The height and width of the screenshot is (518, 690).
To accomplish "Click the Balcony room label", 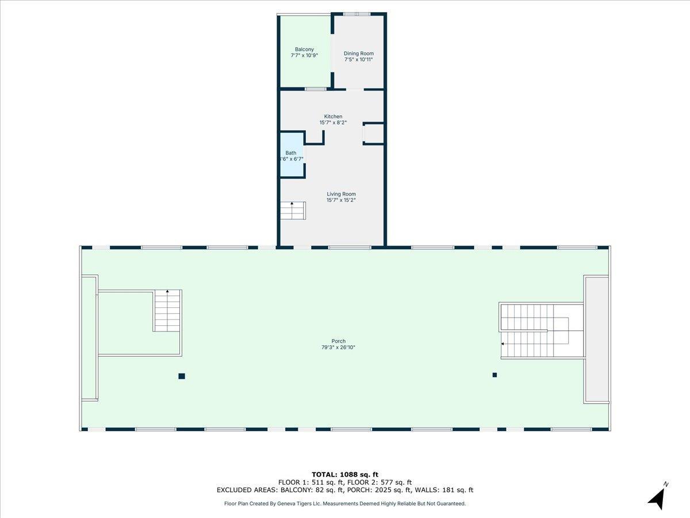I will click(304, 49).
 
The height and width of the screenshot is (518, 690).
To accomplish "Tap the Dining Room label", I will click(359, 54).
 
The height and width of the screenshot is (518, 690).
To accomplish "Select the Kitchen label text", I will click(333, 116).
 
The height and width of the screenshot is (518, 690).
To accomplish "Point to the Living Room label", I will click(341, 194).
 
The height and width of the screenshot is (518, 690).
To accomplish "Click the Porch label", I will click(338, 341).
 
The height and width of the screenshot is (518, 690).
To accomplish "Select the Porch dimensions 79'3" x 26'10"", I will click(338, 348).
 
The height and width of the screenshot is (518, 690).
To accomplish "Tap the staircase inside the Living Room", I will click(293, 211).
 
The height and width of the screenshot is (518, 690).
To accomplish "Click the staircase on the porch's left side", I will click(167, 311).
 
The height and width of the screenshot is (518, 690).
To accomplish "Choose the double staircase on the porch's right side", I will click(535, 332).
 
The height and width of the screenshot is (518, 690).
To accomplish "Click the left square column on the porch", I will click(182, 376).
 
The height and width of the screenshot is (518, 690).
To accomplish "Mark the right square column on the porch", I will click(494, 375).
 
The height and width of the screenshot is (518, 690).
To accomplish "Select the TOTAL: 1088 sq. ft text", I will click(344, 474).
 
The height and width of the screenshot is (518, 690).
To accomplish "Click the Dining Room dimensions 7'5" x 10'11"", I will click(359, 60).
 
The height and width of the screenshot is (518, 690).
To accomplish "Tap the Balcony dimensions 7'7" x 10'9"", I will click(304, 56).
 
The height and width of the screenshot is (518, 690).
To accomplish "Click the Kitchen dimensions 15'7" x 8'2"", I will click(333, 123).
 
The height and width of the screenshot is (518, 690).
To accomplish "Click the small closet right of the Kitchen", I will click(374, 133).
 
